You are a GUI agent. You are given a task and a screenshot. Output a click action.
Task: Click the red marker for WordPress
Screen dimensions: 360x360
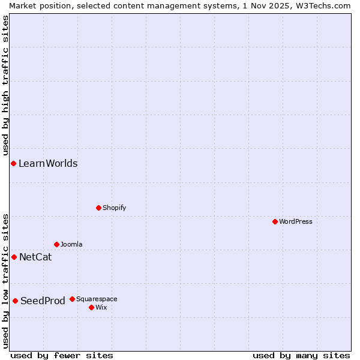(x=275, y=221)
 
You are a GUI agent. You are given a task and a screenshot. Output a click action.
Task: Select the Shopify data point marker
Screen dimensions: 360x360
(x=98, y=208)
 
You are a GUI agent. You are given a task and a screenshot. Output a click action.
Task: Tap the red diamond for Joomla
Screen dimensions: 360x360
(x=56, y=244)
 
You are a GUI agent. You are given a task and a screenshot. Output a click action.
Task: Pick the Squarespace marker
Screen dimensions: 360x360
(x=72, y=299)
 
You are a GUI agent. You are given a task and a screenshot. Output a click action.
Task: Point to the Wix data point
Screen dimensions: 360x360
(x=91, y=307)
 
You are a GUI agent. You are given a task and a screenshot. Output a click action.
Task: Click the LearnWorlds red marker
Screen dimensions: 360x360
(x=13, y=163)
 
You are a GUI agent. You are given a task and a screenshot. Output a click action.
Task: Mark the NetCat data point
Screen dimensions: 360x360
(x=14, y=257)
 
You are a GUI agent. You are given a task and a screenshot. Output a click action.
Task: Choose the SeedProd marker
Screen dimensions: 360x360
(x=15, y=301)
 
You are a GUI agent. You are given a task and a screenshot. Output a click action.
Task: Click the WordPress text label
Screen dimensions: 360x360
(x=296, y=221)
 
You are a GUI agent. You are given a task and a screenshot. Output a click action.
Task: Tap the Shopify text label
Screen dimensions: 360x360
(x=114, y=208)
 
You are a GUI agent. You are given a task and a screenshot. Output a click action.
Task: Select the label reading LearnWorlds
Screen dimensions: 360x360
(x=48, y=164)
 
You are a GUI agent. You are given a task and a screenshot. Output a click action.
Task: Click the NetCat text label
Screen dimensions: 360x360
(x=35, y=257)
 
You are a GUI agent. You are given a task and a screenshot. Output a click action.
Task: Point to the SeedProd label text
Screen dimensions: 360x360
(x=43, y=301)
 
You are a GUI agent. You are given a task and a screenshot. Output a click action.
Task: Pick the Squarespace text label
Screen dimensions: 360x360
(x=97, y=299)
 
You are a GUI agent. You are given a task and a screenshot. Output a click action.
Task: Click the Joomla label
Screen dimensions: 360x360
(x=71, y=244)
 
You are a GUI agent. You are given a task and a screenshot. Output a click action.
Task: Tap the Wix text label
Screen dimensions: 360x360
(x=101, y=307)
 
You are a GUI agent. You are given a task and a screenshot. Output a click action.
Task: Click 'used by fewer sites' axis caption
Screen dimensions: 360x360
(x=62, y=355)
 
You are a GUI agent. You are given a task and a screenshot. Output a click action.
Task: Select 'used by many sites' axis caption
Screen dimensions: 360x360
(x=301, y=355)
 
